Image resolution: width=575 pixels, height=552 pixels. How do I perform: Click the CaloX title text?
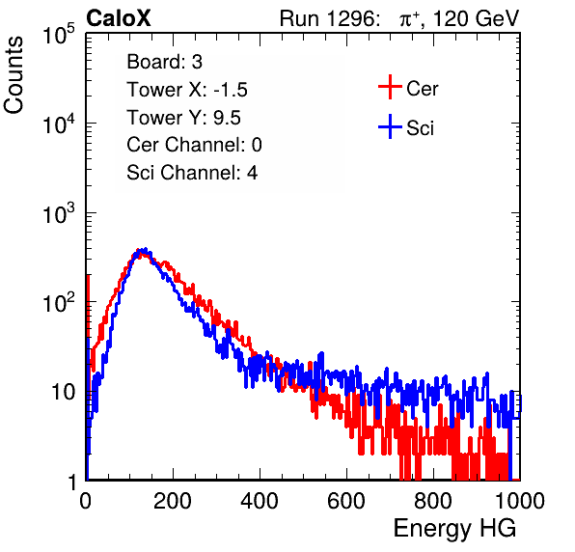tap(119, 18)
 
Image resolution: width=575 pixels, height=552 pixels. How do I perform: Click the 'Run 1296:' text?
tap(329, 18)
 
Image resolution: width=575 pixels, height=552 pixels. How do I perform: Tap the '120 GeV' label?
tap(477, 18)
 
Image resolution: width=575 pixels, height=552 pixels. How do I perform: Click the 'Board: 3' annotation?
tap(165, 62)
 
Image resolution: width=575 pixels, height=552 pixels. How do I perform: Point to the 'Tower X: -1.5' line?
tap(187, 90)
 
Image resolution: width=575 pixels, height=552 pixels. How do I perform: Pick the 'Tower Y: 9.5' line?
tap(183, 118)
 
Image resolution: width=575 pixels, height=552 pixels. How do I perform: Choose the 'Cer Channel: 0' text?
tap(194, 145)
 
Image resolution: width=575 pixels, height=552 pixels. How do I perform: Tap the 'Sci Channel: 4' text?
tap(192, 173)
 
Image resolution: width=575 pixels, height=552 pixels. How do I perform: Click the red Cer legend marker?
tap(390, 87)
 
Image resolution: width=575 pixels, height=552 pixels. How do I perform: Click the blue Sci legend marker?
tap(390, 126)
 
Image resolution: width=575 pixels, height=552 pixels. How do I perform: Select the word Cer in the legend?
tap(423, 89)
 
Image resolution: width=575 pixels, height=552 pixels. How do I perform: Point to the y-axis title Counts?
tap(14, 75)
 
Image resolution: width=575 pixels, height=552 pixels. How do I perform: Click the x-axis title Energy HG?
tap(454, 529)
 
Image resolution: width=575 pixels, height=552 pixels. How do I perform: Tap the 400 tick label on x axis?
tap(260, 501)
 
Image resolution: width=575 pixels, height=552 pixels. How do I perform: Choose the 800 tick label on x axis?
tap(433, 501)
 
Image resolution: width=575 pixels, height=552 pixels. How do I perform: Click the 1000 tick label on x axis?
tap(520, 501)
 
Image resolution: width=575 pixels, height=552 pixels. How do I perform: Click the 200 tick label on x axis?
tap(173, 501)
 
